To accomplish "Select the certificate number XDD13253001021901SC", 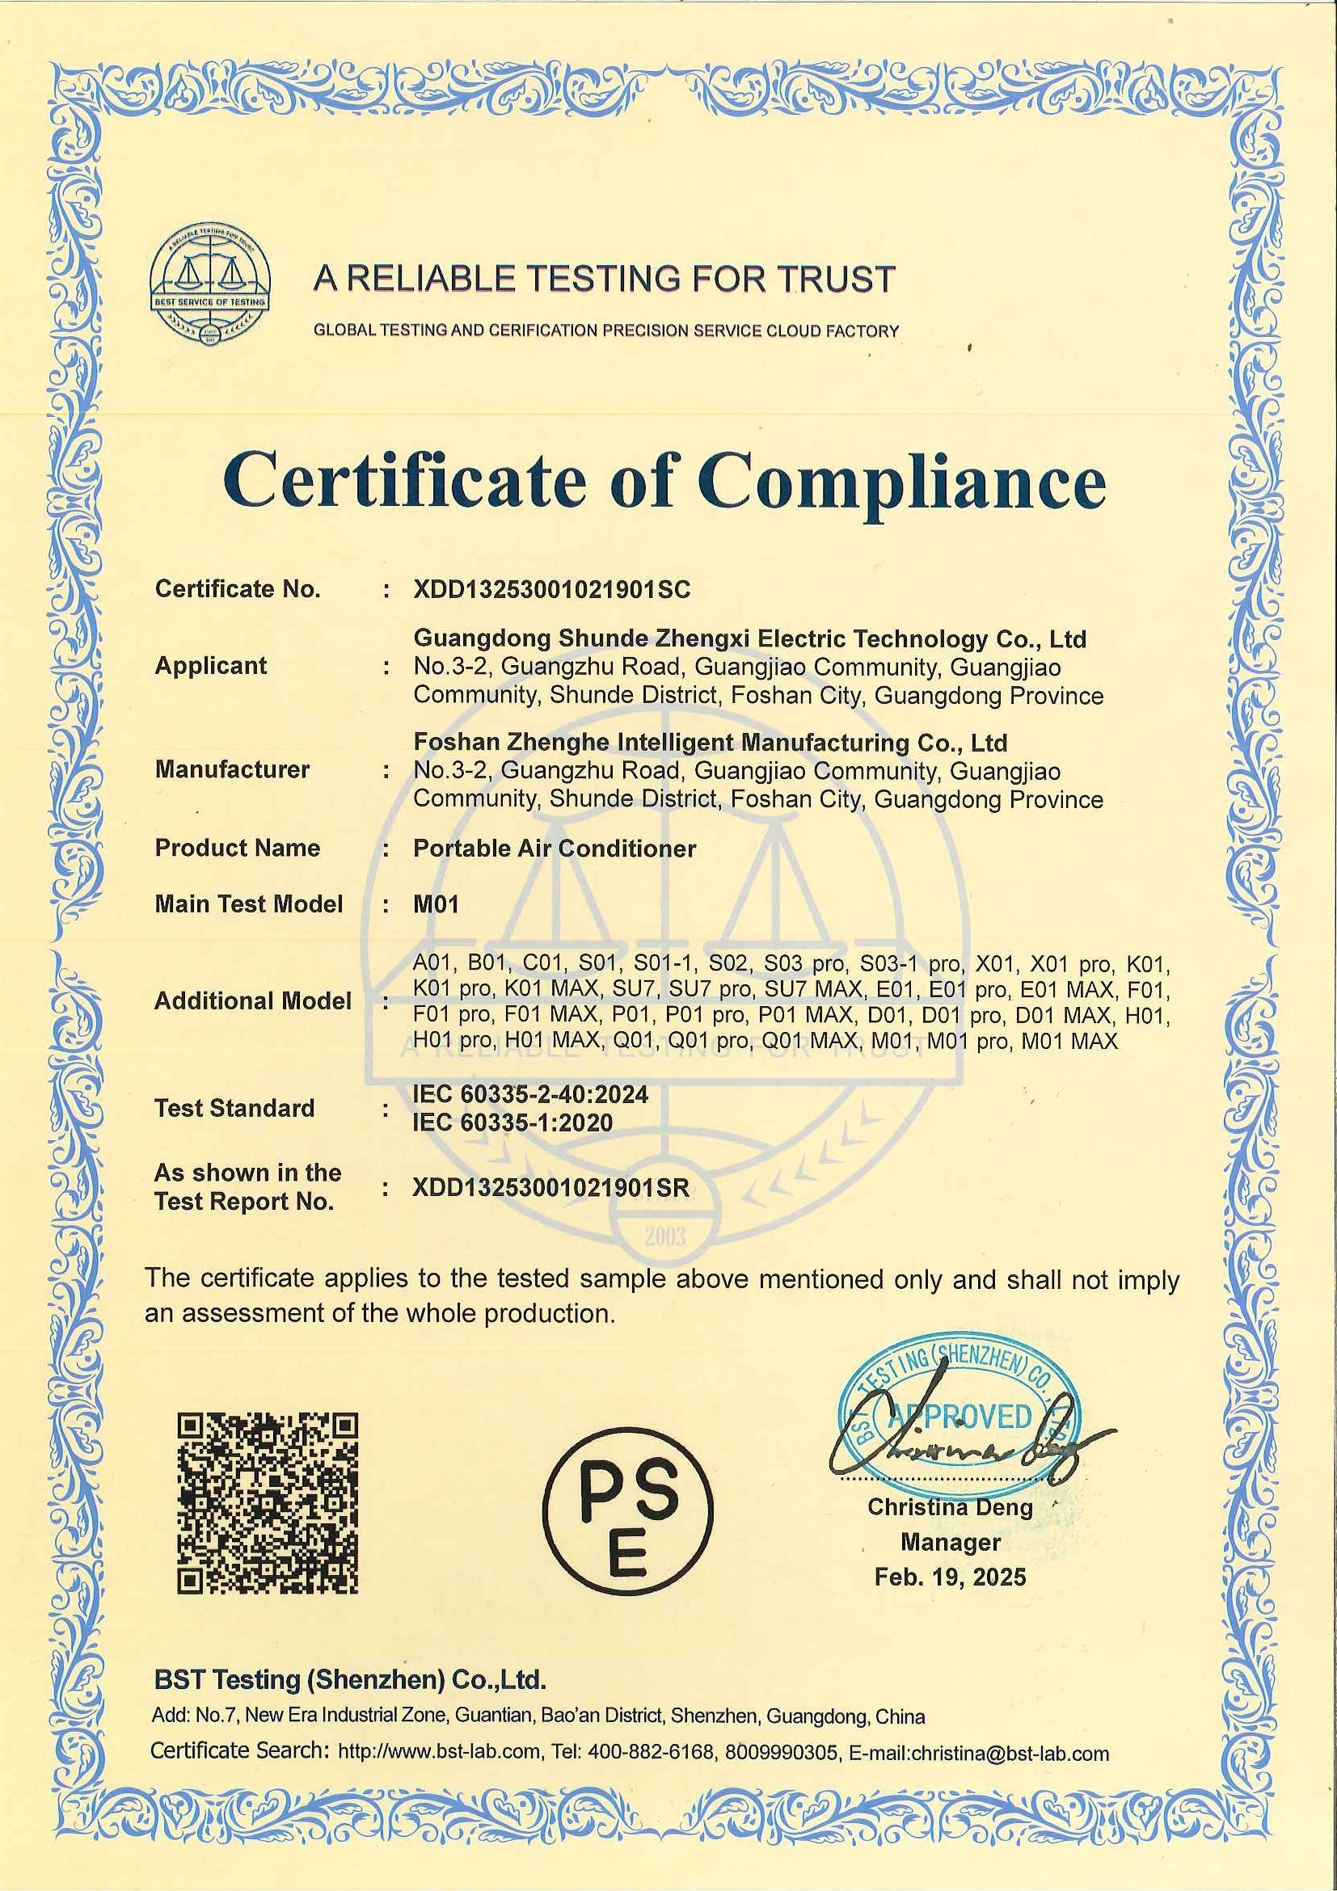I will click(551, 589).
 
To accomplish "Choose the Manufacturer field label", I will click(232, 769).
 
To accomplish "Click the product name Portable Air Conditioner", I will click(555, 849).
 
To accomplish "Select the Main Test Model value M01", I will click(436, 904).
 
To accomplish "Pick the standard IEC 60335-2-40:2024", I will click(530, 1094).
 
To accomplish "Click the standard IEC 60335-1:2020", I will click(512, 1122).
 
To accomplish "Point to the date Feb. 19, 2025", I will click(950, 1577).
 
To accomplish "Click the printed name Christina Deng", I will click(950, 1507).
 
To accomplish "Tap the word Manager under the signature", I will click(950, 1542).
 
